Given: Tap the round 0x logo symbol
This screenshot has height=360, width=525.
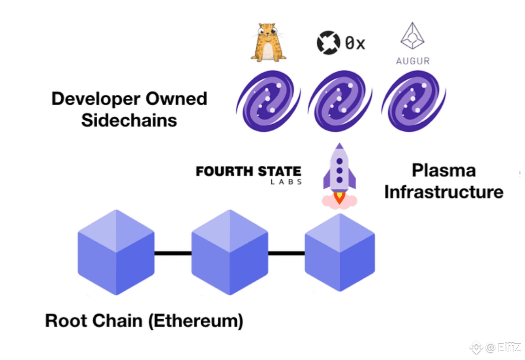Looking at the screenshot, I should (326, 43).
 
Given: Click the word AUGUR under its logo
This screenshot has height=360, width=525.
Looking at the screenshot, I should (412, 62).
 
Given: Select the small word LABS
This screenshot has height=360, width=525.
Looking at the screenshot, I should (286, 182).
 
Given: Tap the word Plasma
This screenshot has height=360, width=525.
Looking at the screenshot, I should (443, 171).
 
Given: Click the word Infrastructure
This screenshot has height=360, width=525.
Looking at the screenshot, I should (443, 192).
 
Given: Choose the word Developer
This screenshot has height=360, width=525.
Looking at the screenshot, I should (100, 99).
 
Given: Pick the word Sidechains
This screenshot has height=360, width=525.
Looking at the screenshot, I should (129, 120).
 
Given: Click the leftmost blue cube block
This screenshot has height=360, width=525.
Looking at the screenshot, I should (116, 252).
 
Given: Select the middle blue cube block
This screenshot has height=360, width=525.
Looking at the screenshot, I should (229, 252).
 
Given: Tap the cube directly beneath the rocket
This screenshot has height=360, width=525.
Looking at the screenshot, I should (340, 252).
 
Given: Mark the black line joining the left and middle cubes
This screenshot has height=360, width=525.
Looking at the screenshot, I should (173, 253).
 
